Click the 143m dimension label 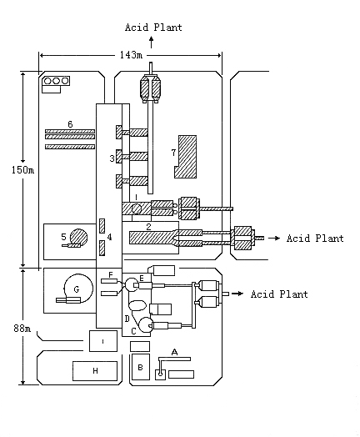click(x=131, y=55)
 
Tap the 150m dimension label click(x=22, y=170)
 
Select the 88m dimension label click(x=22, y=329)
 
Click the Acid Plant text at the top click(x=153, y=28)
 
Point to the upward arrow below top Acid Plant click(x=151, y=42)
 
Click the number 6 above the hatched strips click(x=70, y=124)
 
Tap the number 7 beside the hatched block click(x=173, y=153)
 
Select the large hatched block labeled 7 click(x=186, y=157)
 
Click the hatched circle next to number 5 click(x=79, y=238)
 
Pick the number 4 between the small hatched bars click(x=109, y=237)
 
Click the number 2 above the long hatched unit click(x=148, y=227)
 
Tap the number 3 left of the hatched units click(x=112, y=158)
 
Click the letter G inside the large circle click(x=77, y=289)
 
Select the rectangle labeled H click(x=95, y=371)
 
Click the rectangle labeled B click(x=141, y=367)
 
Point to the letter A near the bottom click(x=174, y=352)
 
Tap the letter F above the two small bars click(x=111, y=275)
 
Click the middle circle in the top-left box click(x=56, y=81)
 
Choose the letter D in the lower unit click(x=127, y=319)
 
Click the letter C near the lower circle click(x=133, y=331)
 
